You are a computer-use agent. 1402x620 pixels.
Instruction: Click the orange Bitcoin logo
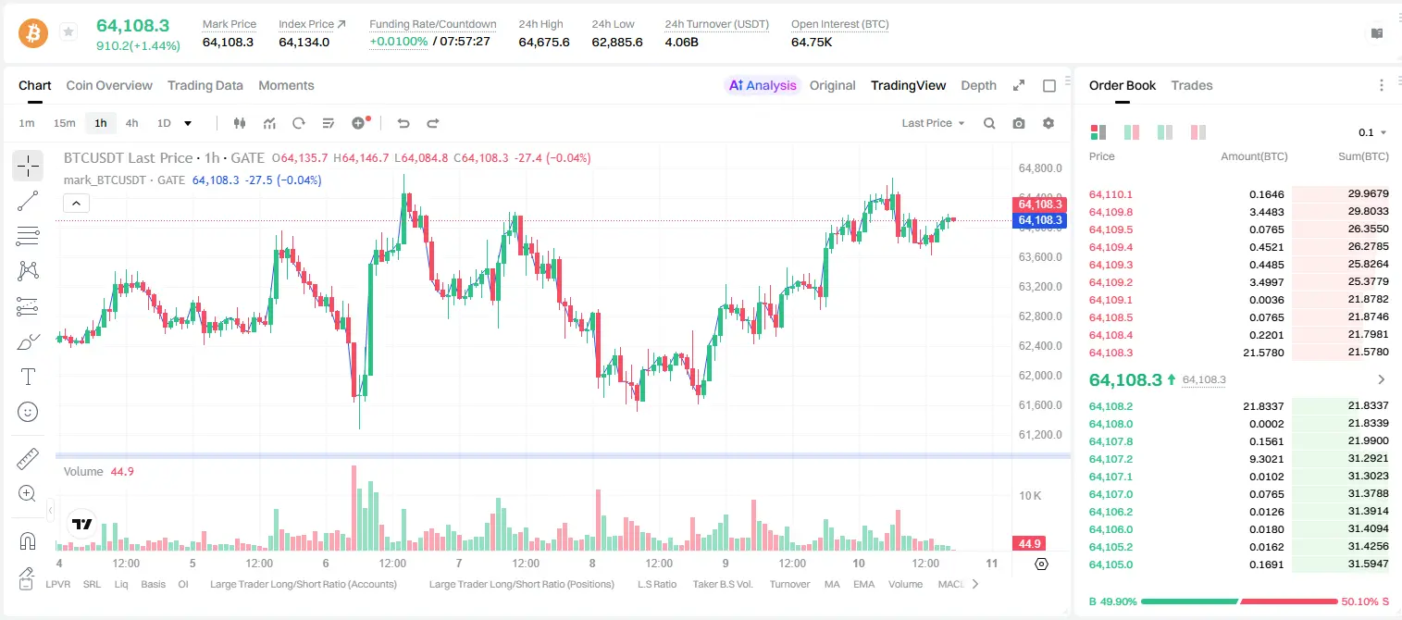[x=33, y=32]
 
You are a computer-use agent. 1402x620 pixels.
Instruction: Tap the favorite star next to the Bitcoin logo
[x=68, y=31]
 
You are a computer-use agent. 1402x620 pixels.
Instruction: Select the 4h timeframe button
[x=131, y=123]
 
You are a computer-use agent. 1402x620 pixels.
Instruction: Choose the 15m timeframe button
[x=65, y=123]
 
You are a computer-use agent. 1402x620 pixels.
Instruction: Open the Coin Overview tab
[x=109, y=86]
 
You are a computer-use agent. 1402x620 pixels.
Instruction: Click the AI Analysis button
[x=763, y=86]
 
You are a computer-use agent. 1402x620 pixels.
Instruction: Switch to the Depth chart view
[x=978, y=86]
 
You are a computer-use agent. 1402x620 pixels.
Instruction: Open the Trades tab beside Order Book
[x=1192, y=86]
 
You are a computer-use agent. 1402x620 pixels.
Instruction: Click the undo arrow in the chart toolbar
[x=403, y=123]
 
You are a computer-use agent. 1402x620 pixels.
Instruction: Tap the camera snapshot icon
[x=1019, y=123]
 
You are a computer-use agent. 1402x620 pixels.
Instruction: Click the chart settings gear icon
[x=1048, y=123]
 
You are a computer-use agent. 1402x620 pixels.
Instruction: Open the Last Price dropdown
[x=933, y=123]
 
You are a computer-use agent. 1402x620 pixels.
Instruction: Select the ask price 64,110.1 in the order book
[x=1110, y=194]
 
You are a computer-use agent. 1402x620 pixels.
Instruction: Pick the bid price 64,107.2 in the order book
[x=1110, y=459]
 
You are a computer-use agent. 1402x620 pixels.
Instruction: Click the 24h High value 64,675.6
[x=544, y=42]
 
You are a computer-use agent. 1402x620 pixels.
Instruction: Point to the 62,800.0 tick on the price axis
[x=1039, y=316]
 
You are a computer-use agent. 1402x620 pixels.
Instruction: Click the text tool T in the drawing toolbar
[x=28, y=377]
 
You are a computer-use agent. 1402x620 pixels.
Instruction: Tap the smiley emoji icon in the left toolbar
[x=28, y=412]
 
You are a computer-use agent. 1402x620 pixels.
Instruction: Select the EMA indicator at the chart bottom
[x=863, y=584]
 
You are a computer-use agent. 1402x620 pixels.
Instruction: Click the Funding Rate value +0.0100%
[x=399, y=42]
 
